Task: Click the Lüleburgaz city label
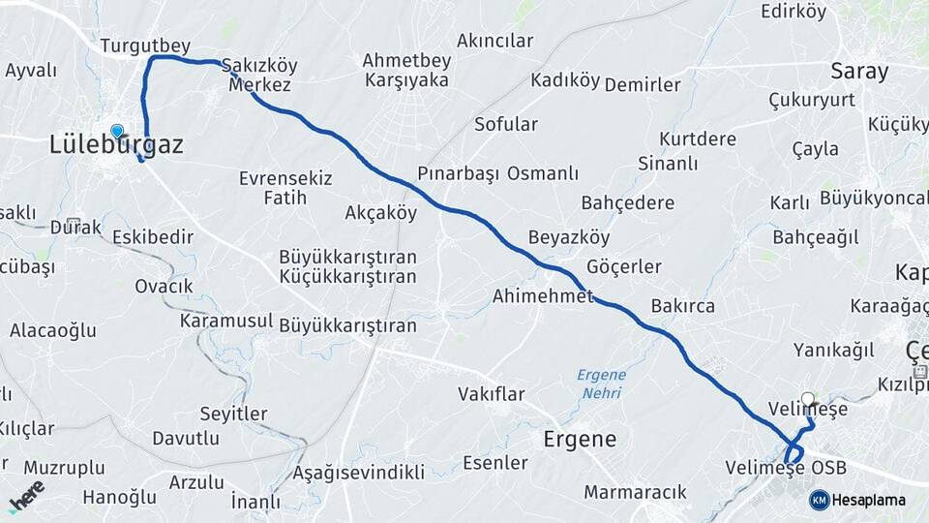pyautogui.click(x=115, y=145)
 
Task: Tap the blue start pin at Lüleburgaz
pyautogui.click(x=117, y=131)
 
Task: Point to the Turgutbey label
pyautogui.click(x=145, y=46)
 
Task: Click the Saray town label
pyautogui.click(x=859, y=71)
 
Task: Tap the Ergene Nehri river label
pyautogui.click(x=602, y=385)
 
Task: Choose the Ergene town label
pyautogui.click(x=580, y=439)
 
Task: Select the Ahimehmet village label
pyautogui.click(x=542, y=295)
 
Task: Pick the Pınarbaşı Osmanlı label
pyautogui.click(x=498, y=173)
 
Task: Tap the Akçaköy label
pyautogui.click(x=380, y=213)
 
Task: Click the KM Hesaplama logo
pyautogui.click(x=857, y=500)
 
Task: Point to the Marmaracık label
pyautogui.click(x=635, y=491)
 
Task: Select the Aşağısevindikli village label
pyautogui.click(x=359, y=473)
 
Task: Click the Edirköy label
pyautogui.click(x=794, y=12)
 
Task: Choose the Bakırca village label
pyautogui.click(x=682, y=306)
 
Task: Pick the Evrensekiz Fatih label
pyautogui.click(x=285, y=188)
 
